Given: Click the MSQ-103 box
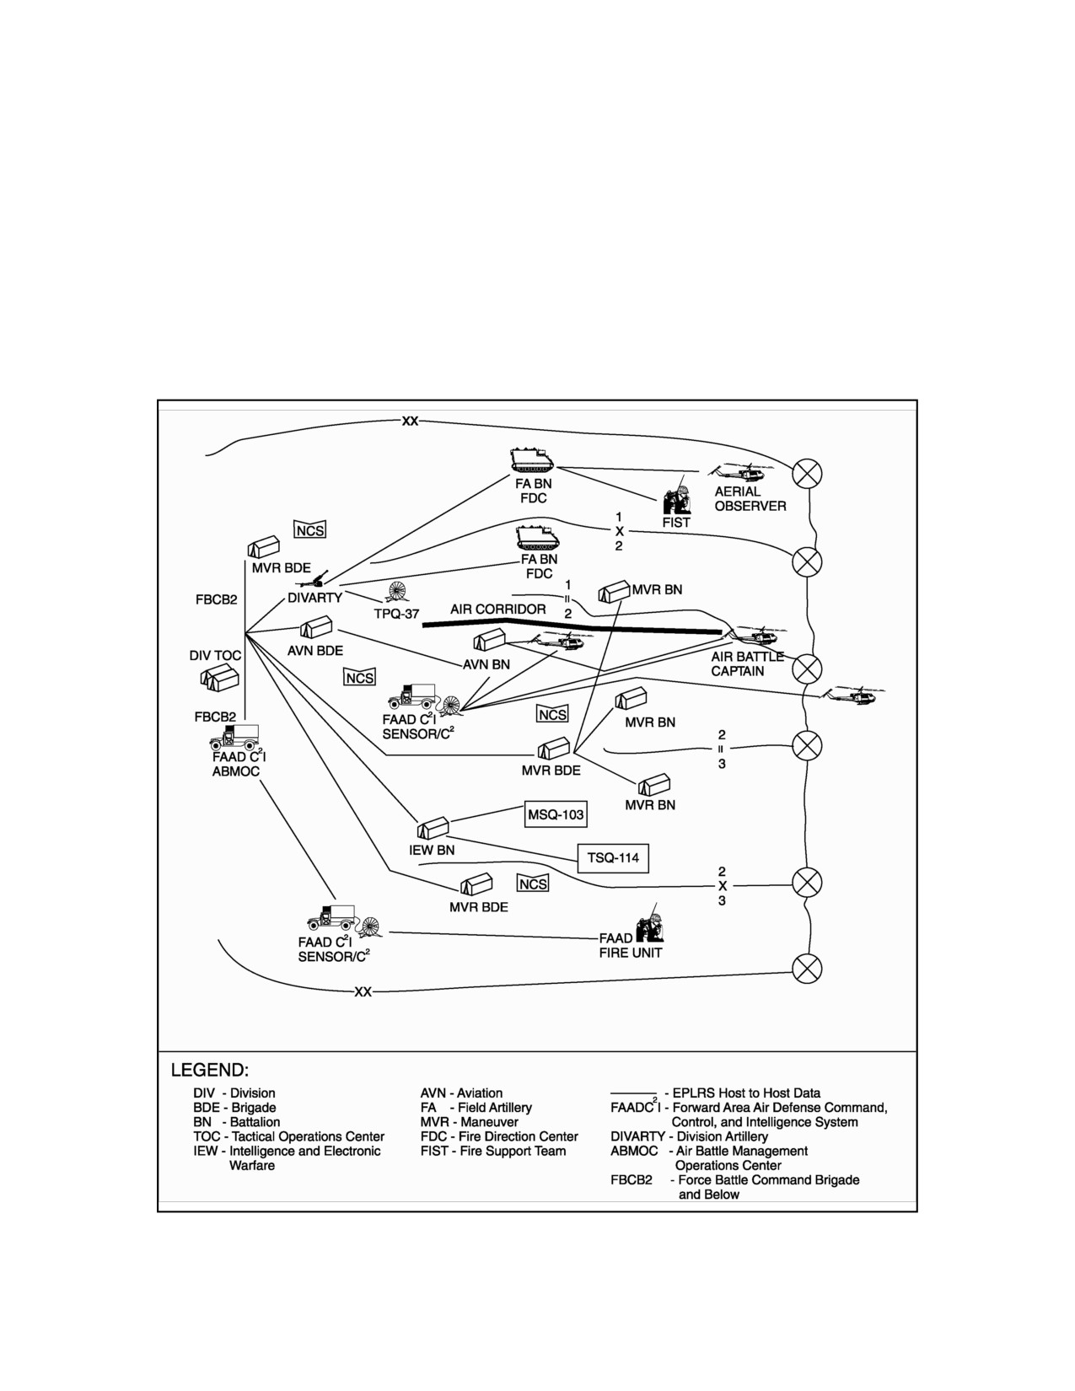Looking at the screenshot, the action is click(x=556, y=814).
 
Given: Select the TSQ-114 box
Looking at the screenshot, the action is click(x=613, y=857).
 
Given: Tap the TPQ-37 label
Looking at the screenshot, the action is click(x=396, y=614).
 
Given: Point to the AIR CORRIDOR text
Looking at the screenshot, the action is click(x=497, y=609).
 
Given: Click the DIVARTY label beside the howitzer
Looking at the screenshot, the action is click(x=314, y=598).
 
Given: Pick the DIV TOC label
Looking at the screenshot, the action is click(x=215, y=656).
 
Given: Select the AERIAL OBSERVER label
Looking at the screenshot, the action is click(x=750, y=499).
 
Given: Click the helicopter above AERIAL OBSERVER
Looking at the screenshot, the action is click(x=741, y=472).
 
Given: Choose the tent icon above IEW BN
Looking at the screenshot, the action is click(x=433, y=828).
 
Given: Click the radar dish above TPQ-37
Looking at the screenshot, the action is click(x=397, y=592).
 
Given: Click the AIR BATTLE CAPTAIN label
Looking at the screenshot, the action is click(x=747, y=663).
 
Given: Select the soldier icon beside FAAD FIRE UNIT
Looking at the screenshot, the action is click(x=650, y=922).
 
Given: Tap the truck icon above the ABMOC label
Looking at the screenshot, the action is click(x=234, y=737).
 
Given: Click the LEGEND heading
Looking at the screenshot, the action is click(x=209, y=1071).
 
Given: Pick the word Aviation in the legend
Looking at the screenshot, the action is click(x=480, y=1093).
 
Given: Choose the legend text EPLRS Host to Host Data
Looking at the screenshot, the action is click(x=746, y=1093).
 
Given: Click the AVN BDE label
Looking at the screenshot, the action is click(x=315, y=650).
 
